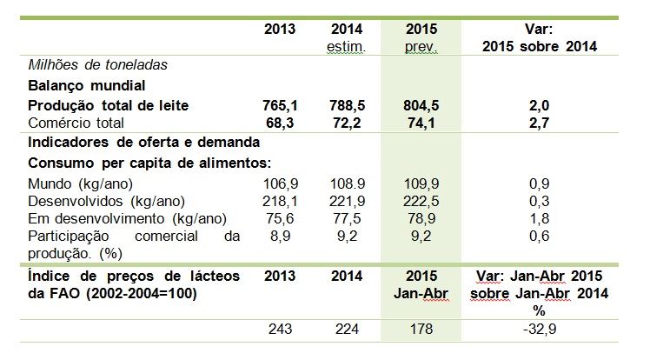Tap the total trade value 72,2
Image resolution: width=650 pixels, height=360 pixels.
348,123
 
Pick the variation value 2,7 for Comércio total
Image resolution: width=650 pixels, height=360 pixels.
541,123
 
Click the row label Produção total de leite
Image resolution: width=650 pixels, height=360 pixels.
109,105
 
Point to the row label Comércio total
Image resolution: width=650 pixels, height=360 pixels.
76,123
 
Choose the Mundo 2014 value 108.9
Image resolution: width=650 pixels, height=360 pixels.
348,185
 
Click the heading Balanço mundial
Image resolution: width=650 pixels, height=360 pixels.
85,86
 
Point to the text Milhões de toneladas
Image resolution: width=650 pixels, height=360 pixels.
98,65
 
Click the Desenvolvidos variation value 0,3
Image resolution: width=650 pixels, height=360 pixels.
541,202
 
